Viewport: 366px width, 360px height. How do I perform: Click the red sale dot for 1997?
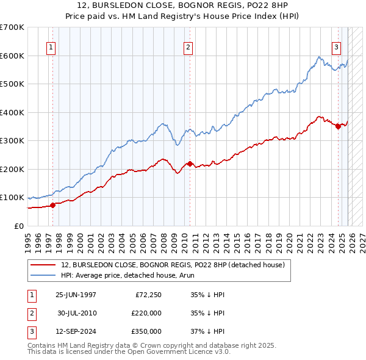point(53,205)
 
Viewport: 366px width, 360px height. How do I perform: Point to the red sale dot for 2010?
point(190,164)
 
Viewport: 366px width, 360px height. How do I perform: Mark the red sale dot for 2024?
point(338,126)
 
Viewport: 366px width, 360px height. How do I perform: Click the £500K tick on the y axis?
point(13,84)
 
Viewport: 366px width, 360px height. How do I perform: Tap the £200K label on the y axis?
point(13,169)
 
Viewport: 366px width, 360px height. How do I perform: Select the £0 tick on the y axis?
point(20,226)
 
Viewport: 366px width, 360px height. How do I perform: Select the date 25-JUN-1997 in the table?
point(76,295)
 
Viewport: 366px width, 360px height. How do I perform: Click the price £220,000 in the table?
point(146,313)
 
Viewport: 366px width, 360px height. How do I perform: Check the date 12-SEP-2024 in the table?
point(76,331)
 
